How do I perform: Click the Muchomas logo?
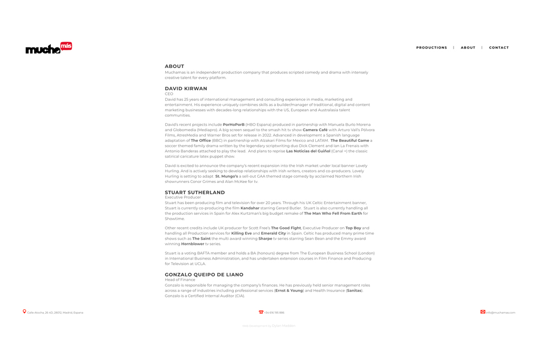pyautogui.click(x=49, y=48)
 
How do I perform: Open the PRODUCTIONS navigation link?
pyautogui.click(x=431, y=47)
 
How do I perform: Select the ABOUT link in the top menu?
pyautogui.click(x=468, y=47)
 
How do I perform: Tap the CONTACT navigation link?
pyautogui.click(x=499, y=47)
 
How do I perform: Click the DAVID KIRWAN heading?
pyautogui.click(x=186, y=89)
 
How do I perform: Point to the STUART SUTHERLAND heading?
pyautogui.click(x=195, y=192)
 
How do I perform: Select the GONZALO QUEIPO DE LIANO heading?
pyautogui.click(x=204, y=275)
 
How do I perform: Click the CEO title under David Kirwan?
pyautogui.click(x=169, y=94)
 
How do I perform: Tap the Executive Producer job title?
pyautogui.click(x=183, y=198)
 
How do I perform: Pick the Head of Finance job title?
pyautogui.click(x=180, y=280)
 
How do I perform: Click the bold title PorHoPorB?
pyautogui.click(x=233, y=125)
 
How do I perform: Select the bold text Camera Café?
pyautogui.click(x=315, y=130)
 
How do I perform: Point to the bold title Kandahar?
pyautogui.click(x=250, y=208)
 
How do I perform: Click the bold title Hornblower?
pyautogui.click(x=192, y=244)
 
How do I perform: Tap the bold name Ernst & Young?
pyautogui.click(x=289, y=290)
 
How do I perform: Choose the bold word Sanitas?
pyautogui.click(x=354, y=290)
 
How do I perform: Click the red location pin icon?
pyautogui.click(x=24, y=311)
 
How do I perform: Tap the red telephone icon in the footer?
pyautogui.click(x=261, y=312)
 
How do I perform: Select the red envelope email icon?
pyautogui.click(x=483, y=312)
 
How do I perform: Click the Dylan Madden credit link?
pyautogui.click(x=283, y=326)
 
